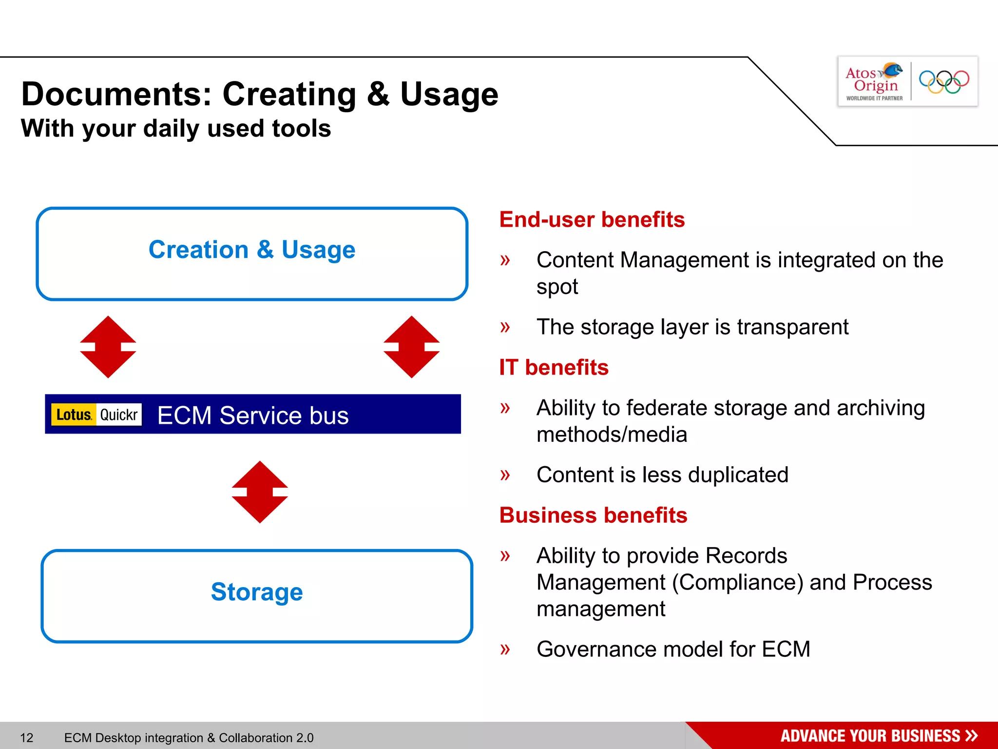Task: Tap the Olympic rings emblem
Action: pos(944,81)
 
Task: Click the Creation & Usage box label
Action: pos(252,250)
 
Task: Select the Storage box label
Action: pos(257,592)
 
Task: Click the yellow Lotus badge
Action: pos(74,414)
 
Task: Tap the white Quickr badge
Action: pos(119,414)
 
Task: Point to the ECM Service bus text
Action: pos(253,415)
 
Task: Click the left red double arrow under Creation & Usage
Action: pos(108,347)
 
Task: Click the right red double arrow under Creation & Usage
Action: pos(411,347)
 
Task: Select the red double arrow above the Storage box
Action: pos(260,492)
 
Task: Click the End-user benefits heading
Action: pos(592,219)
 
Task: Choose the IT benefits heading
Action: pos(554,367)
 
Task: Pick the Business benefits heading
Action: pos(593,515)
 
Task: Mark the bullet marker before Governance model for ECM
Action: pos(505,649)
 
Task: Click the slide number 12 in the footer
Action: pos(27,737)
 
